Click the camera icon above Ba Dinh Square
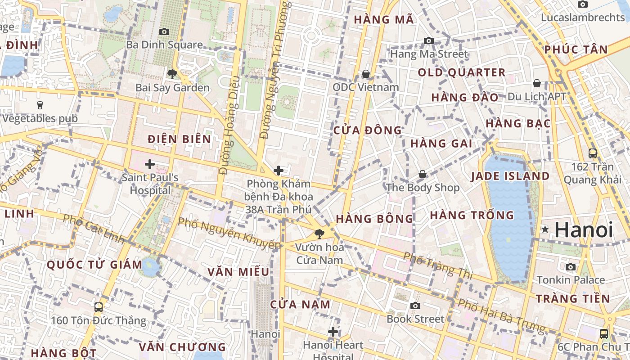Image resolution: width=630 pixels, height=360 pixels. [x=164, y=31]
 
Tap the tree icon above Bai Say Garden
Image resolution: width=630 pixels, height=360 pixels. [x=172, y=74]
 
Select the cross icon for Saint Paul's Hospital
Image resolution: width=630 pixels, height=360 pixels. [x=150, y=164]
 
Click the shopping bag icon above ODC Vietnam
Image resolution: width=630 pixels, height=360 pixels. [x=366, y=73]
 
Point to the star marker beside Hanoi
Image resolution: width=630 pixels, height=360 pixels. [x=545, y=229]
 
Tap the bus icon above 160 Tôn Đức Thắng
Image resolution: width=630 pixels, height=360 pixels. [x=99, y=307]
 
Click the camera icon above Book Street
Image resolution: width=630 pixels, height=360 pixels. [x=415, y=306]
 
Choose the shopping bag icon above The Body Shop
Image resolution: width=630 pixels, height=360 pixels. [x=423, y=174]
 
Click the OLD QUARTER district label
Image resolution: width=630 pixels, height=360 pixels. [x=462, y=72]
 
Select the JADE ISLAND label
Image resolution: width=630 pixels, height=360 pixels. [x=510, y=176]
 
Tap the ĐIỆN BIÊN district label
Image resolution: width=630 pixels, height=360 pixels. [x=180, y=139]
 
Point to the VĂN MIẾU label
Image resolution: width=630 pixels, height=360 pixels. [x=238, y=272]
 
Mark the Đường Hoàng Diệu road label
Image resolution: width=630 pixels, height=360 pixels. [x=229, y=126]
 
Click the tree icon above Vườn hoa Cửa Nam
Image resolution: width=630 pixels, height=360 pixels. [x=319, y=234]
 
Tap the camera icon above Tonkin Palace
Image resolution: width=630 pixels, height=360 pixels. [x=571, y=267]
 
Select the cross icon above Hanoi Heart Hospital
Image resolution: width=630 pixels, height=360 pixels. [x=333, y=332]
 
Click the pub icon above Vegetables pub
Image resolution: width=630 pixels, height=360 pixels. [x=40, y=105]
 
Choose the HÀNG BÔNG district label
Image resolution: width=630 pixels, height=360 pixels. [x=374, y=219]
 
